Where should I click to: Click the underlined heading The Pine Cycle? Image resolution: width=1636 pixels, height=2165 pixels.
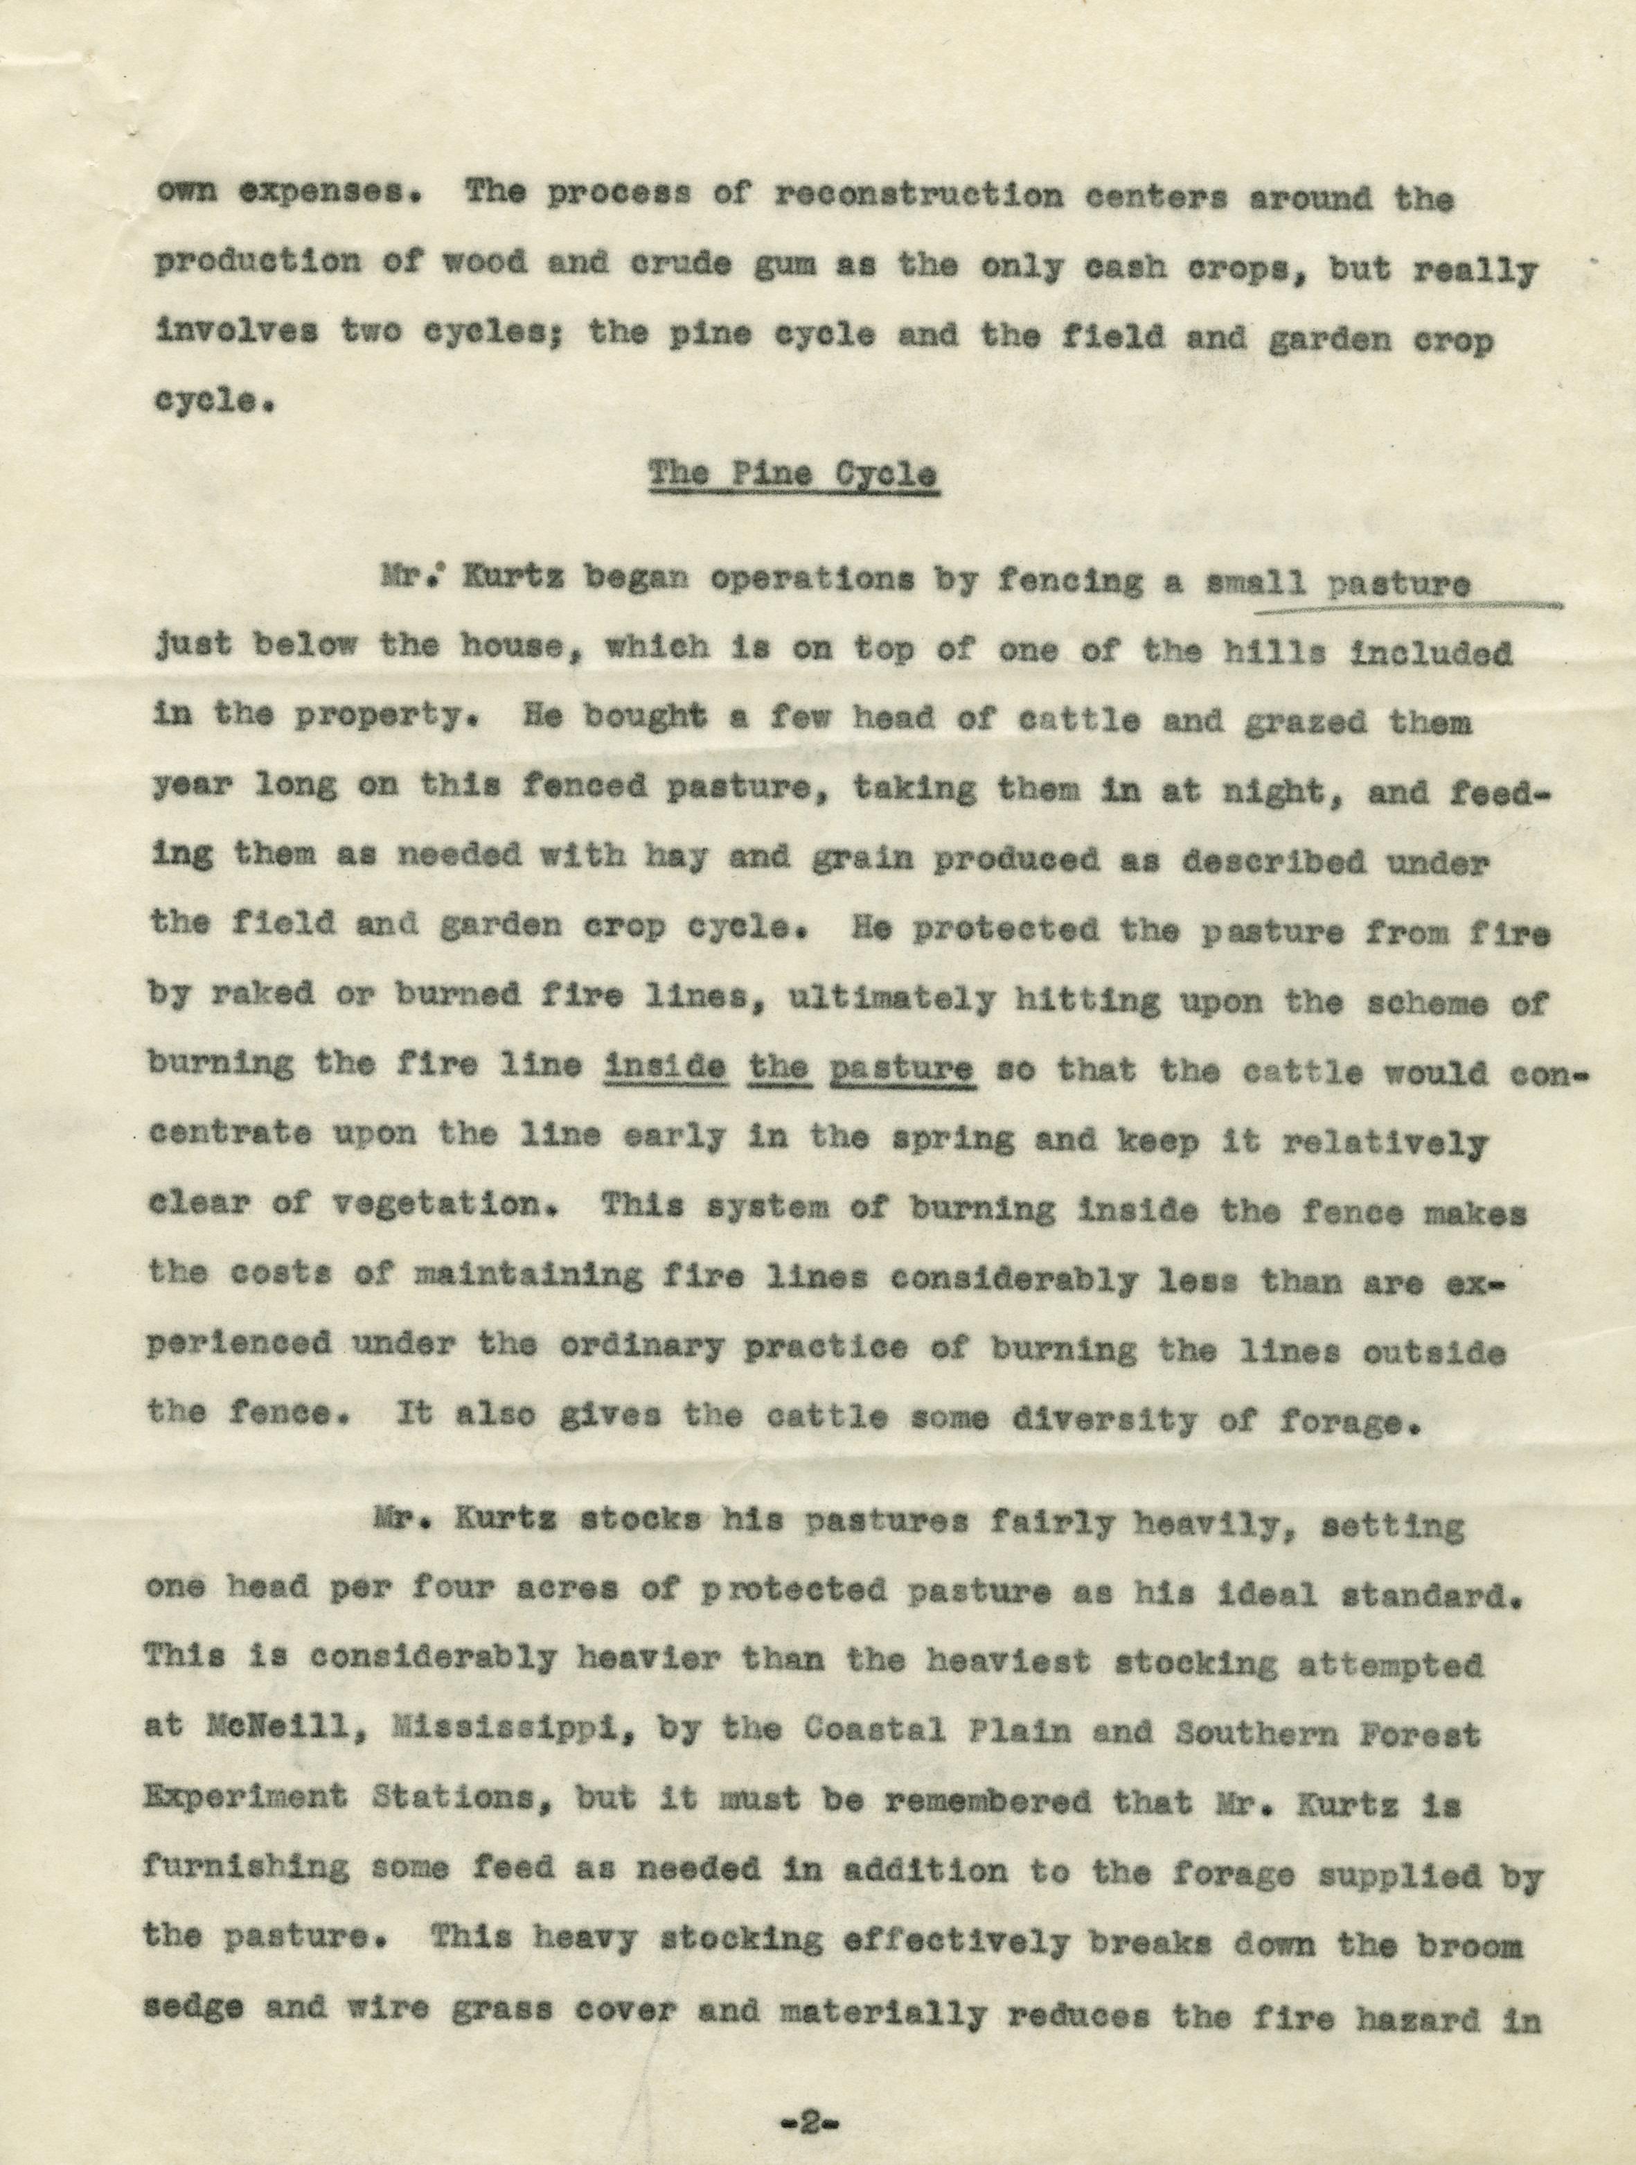794,477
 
